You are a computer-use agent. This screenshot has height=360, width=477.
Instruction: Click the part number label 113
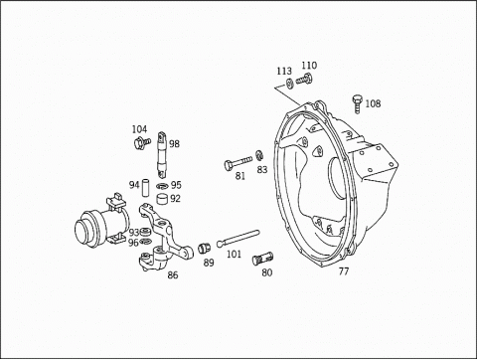click(x=284, y=71)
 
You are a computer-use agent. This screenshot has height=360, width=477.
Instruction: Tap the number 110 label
click(x=309, y=66)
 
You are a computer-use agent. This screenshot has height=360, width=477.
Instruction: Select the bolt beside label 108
click(x=358, y=103)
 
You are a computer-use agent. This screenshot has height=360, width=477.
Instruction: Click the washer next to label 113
click(x=289, y=84)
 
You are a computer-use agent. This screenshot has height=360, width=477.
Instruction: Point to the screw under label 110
click(x=304, y=80)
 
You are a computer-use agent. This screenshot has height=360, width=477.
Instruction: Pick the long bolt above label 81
click(x=238, y=163)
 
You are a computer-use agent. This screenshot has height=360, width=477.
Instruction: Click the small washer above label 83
click(x=259, y=155)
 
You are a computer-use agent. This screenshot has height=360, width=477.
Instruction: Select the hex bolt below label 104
click(x=142, y=143)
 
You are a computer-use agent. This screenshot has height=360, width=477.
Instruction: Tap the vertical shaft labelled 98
click(x=162, y=155)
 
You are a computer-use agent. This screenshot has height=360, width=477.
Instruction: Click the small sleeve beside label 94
click(x=146, y=188)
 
